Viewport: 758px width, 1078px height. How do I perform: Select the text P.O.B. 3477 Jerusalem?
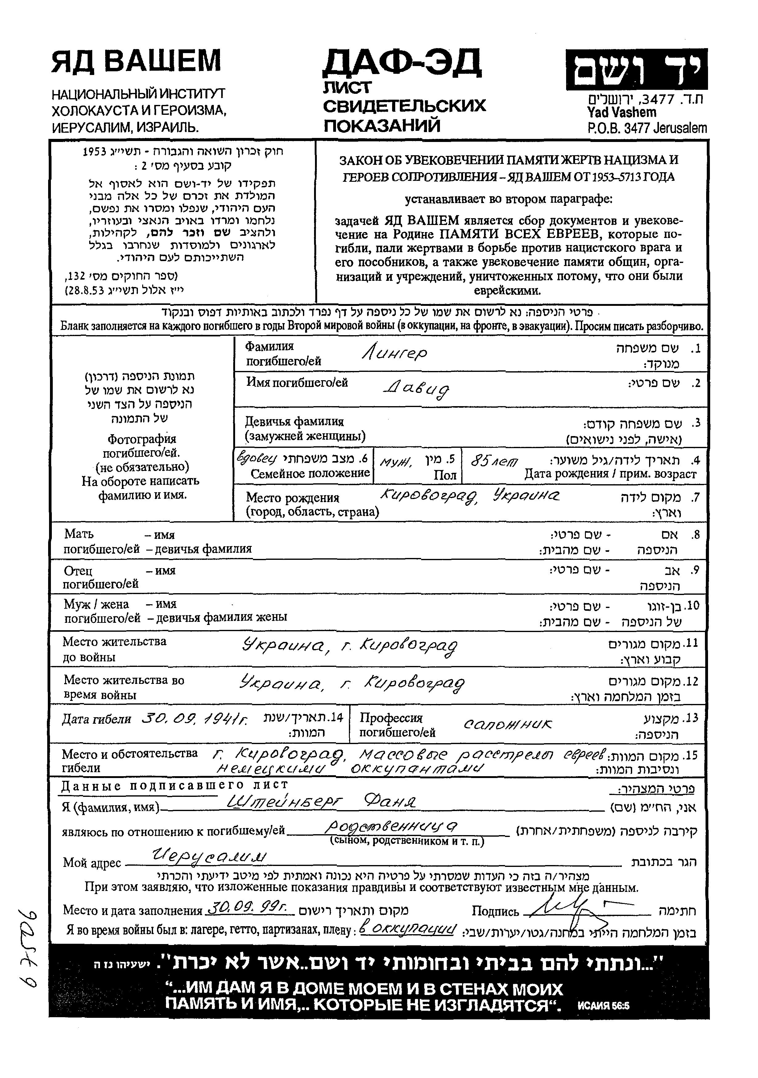tap(647, 128)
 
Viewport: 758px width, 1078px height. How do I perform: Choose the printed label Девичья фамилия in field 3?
tap(295, 421)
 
